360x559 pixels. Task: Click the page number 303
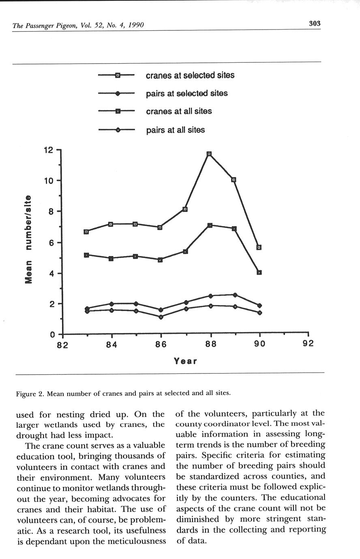(315, 23)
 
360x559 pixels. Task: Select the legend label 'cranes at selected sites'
(190, 75)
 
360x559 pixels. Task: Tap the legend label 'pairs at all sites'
(175, 130)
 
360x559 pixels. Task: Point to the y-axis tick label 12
(49, 150)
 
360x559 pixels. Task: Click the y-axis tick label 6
(51, 243)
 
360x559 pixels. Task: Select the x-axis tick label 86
(161, 344)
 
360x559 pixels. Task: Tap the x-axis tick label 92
(308, 344)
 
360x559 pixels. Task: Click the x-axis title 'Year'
(185, 361)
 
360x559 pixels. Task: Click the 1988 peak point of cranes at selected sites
(209, 154)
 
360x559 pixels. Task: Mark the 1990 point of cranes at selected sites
(259, 247)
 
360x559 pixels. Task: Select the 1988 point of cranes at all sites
(210, 225)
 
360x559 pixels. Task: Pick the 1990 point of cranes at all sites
(259, 272)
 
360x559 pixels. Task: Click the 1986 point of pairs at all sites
(161, 317)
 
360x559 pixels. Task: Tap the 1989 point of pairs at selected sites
(235, 295)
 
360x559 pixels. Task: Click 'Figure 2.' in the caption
(30, 393)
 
